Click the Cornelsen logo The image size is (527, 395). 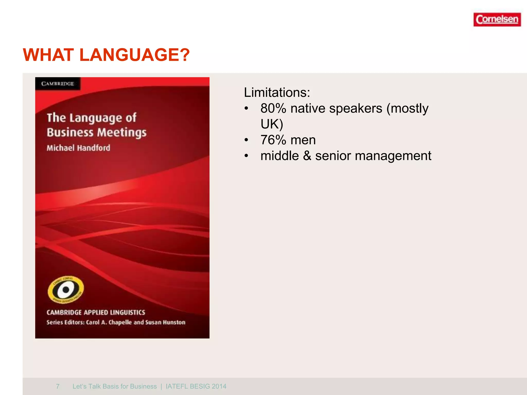click(x=497, y=20)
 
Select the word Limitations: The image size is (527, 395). click(x=277, y=92)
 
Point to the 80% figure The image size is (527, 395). click(x=273, y=108)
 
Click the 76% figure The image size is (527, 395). click(x=273, y=140)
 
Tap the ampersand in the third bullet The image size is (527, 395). click(x=307, y=156)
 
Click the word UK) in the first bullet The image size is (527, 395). click(x=271, y=124)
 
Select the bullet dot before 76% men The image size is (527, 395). click(x=247, y=140)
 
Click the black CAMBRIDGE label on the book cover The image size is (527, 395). click(x=58, y=84)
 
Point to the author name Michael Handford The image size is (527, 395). click(x=78, y=148)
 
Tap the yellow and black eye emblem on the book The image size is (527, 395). click(x=66, y=290)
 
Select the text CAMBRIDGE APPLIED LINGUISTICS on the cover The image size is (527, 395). click(x=96, y=312)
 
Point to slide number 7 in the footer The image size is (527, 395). click(x=58, y=386)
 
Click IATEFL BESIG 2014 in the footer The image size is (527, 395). click(x=196, y=386)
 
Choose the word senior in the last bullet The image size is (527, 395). click(x=333, y=156)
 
